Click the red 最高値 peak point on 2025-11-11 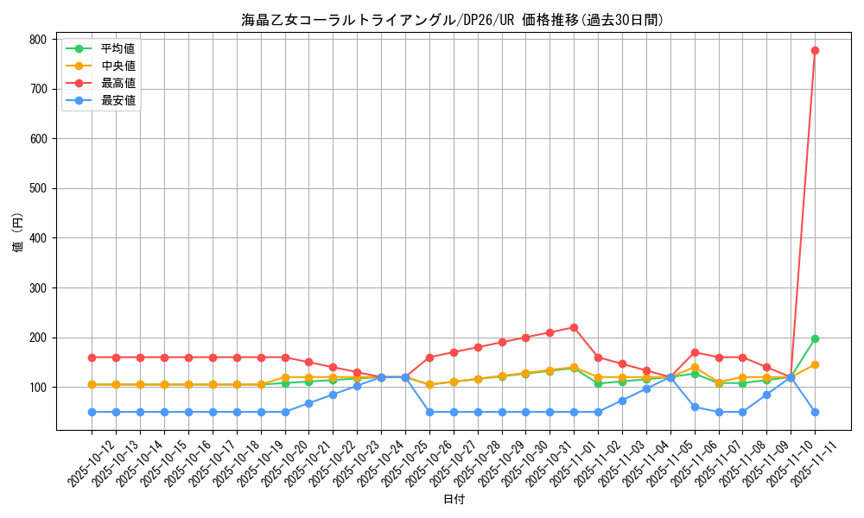click(815, 50)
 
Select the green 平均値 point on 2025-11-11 click(815, 338)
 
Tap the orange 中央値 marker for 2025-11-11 click(815, 364)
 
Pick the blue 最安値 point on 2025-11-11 click(815, 412)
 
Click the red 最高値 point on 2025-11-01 click(574, 327)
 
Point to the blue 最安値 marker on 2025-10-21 click(308, 403)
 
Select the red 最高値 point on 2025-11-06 click(695, 352)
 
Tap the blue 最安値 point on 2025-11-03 click(622, 401)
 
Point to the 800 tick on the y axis click(37, 40)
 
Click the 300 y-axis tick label click(37, 288)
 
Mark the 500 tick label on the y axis click(37, 188)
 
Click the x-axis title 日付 click(454, 500)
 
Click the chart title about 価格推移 click(454, 20)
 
